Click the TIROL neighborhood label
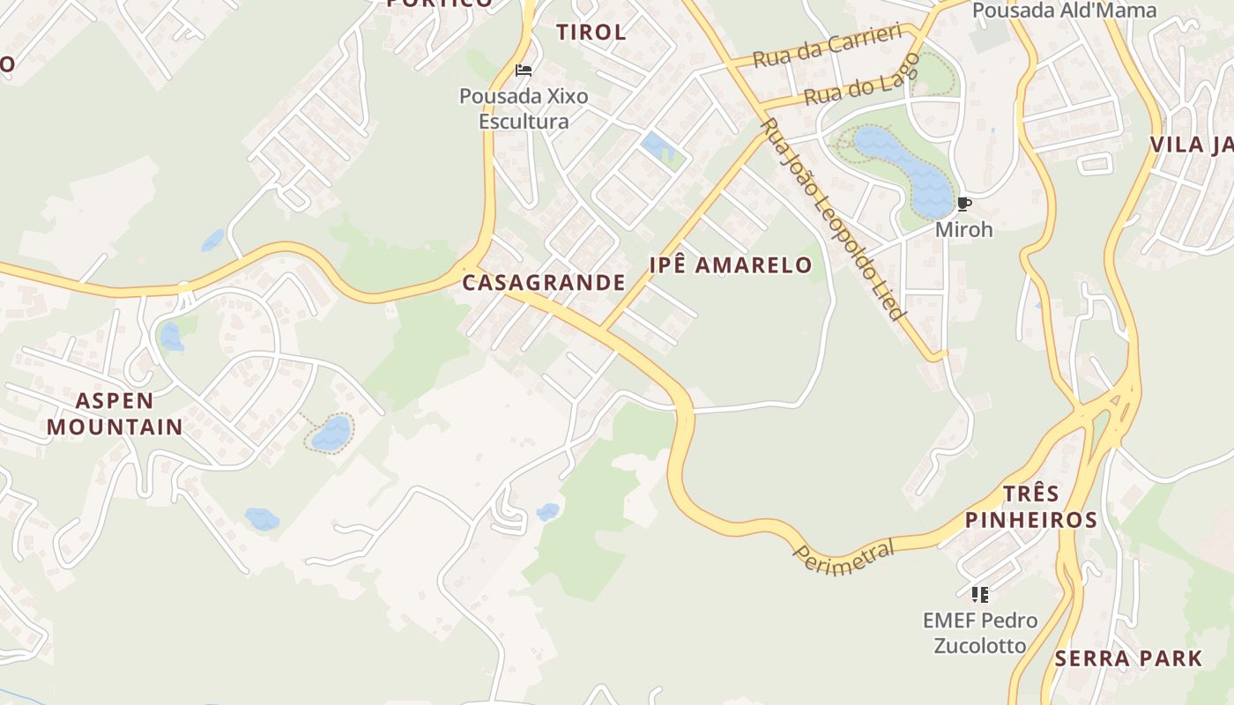pos(591,33)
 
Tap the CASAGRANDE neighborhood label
pos(544,283)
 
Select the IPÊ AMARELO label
pos(731,265)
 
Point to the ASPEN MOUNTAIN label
pos(115,414)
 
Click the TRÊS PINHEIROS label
pos(1030,507)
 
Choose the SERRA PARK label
pos(1128,658)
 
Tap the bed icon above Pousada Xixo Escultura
pos(524,70)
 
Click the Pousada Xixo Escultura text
pos(524,108)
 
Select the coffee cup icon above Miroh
pos(963,204)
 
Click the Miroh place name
pos(963,230)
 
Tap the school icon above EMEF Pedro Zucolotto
pos(979,595)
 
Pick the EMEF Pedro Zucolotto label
pos(979,633)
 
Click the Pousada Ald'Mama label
pos(1064,11)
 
